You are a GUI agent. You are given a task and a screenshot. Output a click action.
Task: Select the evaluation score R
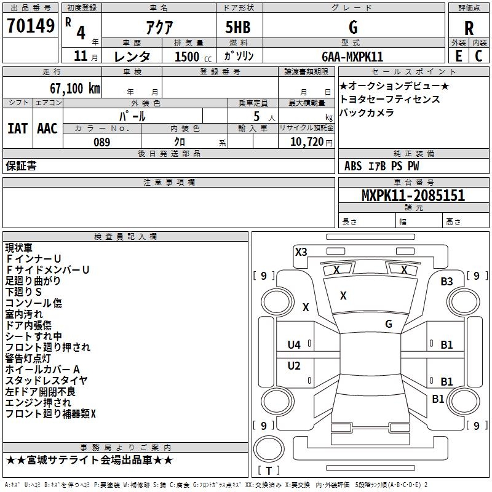[469, 28]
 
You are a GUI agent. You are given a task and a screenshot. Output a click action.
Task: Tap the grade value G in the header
[352, 27]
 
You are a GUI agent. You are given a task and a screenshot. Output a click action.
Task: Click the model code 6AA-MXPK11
[352, 57]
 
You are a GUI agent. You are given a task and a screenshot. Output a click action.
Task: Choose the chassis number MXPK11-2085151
[413, 196]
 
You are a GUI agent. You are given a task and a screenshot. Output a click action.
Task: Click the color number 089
[101, 142]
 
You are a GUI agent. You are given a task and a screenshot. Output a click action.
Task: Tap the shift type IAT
[17, 129]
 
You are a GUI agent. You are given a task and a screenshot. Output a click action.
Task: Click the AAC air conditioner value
[47, 129]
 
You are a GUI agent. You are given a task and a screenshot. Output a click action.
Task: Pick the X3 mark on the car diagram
[301, 252]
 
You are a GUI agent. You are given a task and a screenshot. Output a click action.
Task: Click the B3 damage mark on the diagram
[446, 282]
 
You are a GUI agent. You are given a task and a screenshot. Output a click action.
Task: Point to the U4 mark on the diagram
[294, 345]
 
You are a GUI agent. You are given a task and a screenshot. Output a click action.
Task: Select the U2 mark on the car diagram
[294, 366]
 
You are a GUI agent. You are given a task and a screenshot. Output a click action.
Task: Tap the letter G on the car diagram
[388, 323]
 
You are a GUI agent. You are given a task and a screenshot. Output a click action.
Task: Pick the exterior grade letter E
[458, 56]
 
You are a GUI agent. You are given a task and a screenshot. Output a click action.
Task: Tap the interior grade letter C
[479, 56]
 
